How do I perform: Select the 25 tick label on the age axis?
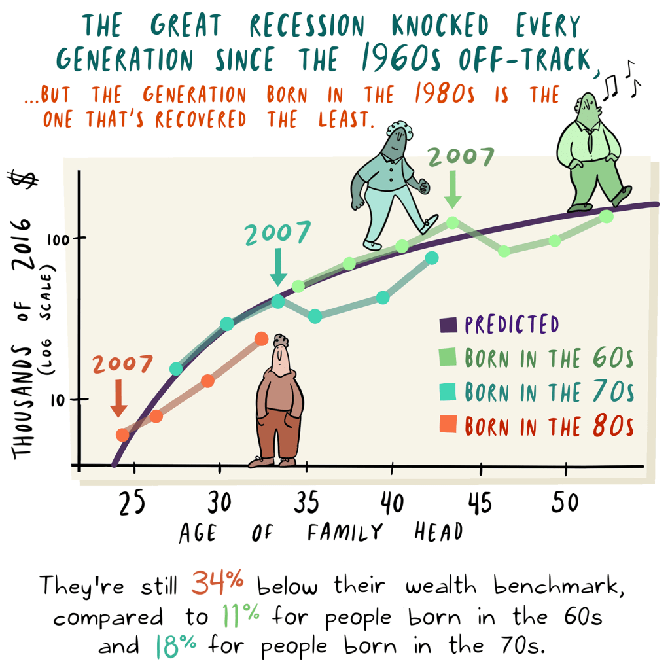[132, 504]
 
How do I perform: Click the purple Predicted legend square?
[447, 324]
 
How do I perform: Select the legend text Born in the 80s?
[549, 427]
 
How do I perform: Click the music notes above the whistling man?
[622, 77]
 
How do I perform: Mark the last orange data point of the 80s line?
[261, 338]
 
